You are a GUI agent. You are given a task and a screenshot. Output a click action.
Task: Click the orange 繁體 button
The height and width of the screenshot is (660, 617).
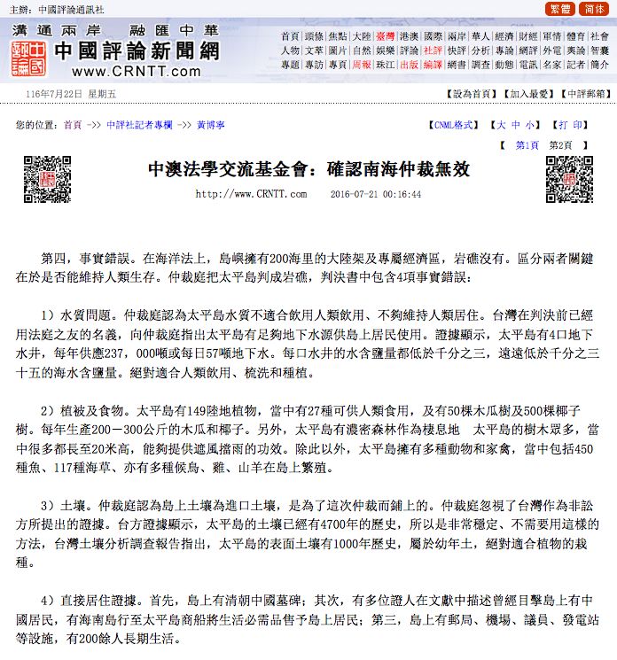click(561, 9)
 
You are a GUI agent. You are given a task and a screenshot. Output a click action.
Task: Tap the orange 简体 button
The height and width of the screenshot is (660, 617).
click(594, 9)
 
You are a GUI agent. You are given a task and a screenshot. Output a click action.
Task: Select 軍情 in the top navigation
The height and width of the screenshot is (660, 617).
click(552, 36)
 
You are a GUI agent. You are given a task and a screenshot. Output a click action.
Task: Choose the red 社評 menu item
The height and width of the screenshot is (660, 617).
click(433, 50)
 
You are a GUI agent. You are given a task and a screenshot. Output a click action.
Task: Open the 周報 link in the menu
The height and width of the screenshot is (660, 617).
click(361, 65)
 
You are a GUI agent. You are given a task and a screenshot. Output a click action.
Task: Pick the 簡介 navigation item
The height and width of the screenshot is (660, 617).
click(600, 65)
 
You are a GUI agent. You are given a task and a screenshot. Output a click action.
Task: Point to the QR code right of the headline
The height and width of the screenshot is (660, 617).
click(568, 178)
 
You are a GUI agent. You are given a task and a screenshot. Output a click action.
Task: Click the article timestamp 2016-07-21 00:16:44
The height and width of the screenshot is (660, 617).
click(375, 194)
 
